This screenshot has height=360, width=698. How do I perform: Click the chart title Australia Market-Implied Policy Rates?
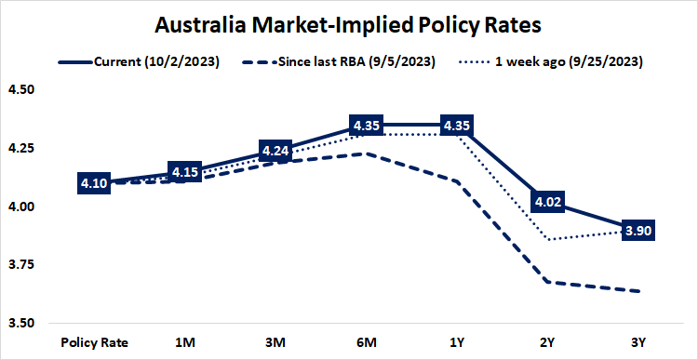pos(348,22)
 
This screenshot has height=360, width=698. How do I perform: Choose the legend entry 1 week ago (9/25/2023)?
pos(562,62)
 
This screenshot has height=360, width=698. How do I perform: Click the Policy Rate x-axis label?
pos(94,341)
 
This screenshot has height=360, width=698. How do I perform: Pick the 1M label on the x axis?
pos(184,341)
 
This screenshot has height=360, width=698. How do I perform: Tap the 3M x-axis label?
pos(275,341)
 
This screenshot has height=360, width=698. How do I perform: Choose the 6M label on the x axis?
pos(367,341)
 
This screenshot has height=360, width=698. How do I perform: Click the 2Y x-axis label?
pos(548,341)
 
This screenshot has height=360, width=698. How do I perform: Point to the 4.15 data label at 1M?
pos(184,172)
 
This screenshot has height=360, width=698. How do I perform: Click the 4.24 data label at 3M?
pos(275,151)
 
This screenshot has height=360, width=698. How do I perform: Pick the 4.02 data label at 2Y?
pos(548,202)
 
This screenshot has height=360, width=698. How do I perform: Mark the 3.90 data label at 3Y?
pos(638,230)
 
